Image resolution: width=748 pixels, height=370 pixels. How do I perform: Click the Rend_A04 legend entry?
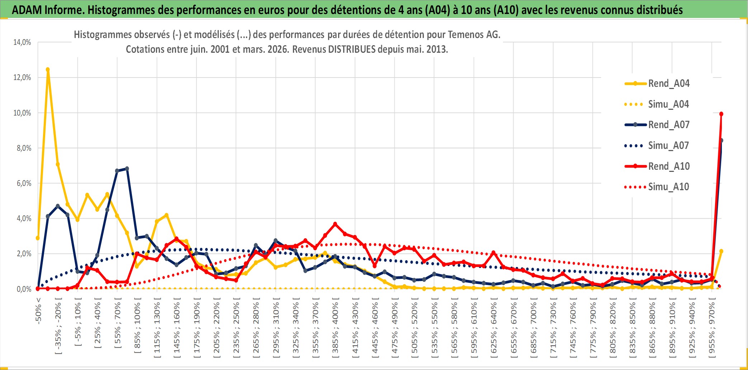tap(668, 84)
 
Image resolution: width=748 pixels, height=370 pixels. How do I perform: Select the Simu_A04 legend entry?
tap(668, 104)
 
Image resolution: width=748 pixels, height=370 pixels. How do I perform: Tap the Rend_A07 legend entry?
tap(668, 125)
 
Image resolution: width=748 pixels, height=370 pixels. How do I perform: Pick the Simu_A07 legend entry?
tap(668, 146)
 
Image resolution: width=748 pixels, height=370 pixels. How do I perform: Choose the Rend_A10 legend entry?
tap(668, 167)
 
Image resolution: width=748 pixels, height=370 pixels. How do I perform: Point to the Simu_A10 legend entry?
tap(668, 187)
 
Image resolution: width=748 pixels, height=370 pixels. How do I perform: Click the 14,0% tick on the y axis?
tap(22, 42)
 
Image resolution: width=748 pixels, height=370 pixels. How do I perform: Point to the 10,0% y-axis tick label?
tap(22, 113)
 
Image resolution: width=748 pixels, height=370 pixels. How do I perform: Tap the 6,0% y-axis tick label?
tap(24, 183)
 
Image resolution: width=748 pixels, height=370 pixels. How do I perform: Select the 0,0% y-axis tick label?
tap(24, 289)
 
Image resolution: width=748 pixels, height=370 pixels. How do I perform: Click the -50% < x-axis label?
tap(39, 311)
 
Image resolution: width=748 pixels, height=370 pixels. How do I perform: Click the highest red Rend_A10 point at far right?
tap(721, 114)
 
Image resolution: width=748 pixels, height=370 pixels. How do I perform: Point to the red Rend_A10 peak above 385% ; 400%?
tap(335, 224)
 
